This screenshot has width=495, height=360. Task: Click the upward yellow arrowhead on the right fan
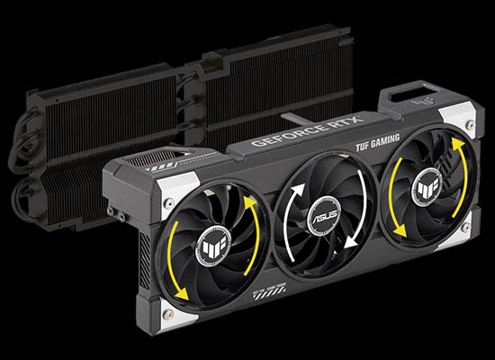[x=458, y=144]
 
